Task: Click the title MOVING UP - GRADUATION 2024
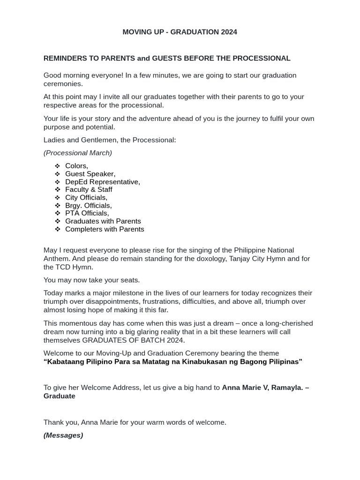coord(180,32)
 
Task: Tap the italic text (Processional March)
coord(77,153)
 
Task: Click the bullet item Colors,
coord(76,166)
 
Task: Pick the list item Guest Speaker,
coord(90,174)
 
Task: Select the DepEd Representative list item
coord(102,182)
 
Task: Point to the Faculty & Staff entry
coord(89,189)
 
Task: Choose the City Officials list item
coord(86,197)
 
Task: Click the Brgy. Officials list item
coord(88,205)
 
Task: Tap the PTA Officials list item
coord(87,213)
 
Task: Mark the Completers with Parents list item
coord(105,229)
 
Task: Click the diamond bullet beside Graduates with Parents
coord(57,221)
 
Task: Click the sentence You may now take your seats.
coord(91,280)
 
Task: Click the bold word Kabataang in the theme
coord(63,362)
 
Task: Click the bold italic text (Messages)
coord(63,435)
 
